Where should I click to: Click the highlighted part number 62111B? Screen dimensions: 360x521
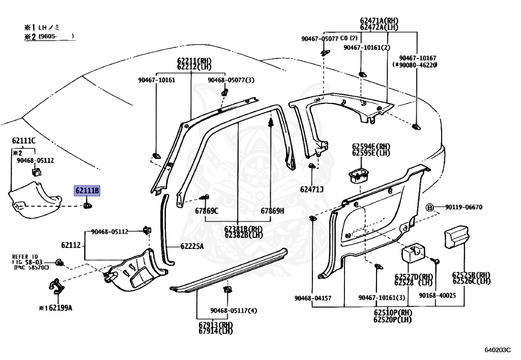pos(88,191)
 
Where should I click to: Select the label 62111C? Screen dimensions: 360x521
pos(24,141)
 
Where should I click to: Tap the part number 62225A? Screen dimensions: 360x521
pos(192,246)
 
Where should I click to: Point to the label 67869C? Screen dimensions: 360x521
pos(206,211)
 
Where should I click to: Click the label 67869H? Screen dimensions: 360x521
pos(273,211)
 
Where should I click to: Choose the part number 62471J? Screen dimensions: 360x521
pos(312,189)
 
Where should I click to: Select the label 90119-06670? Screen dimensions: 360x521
pos(464,207)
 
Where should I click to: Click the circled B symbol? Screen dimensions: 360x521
pos(429,207)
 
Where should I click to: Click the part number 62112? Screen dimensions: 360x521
pos(71,245)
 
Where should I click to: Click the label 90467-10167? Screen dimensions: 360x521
pos(418,58)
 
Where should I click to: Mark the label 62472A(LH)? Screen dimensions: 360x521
pos(379,27)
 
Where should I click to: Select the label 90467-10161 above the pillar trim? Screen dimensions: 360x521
pos(157,80)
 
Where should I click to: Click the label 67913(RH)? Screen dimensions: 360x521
pos(215,324)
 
